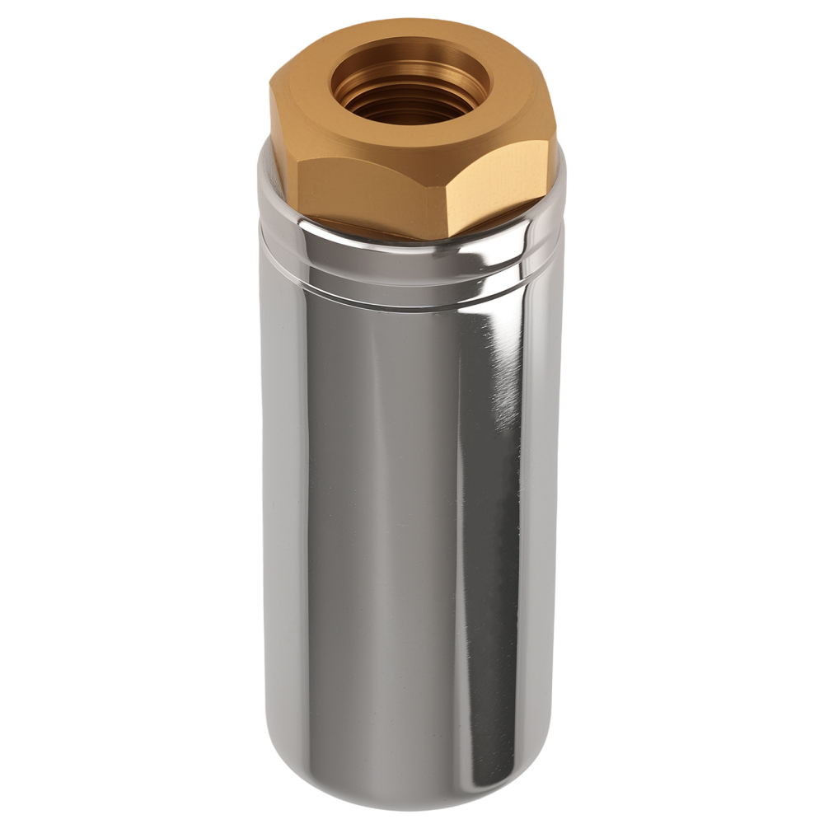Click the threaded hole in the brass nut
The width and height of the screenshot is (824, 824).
click(x=410, y=87)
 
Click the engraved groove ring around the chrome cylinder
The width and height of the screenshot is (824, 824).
click(x=412, y=284)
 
